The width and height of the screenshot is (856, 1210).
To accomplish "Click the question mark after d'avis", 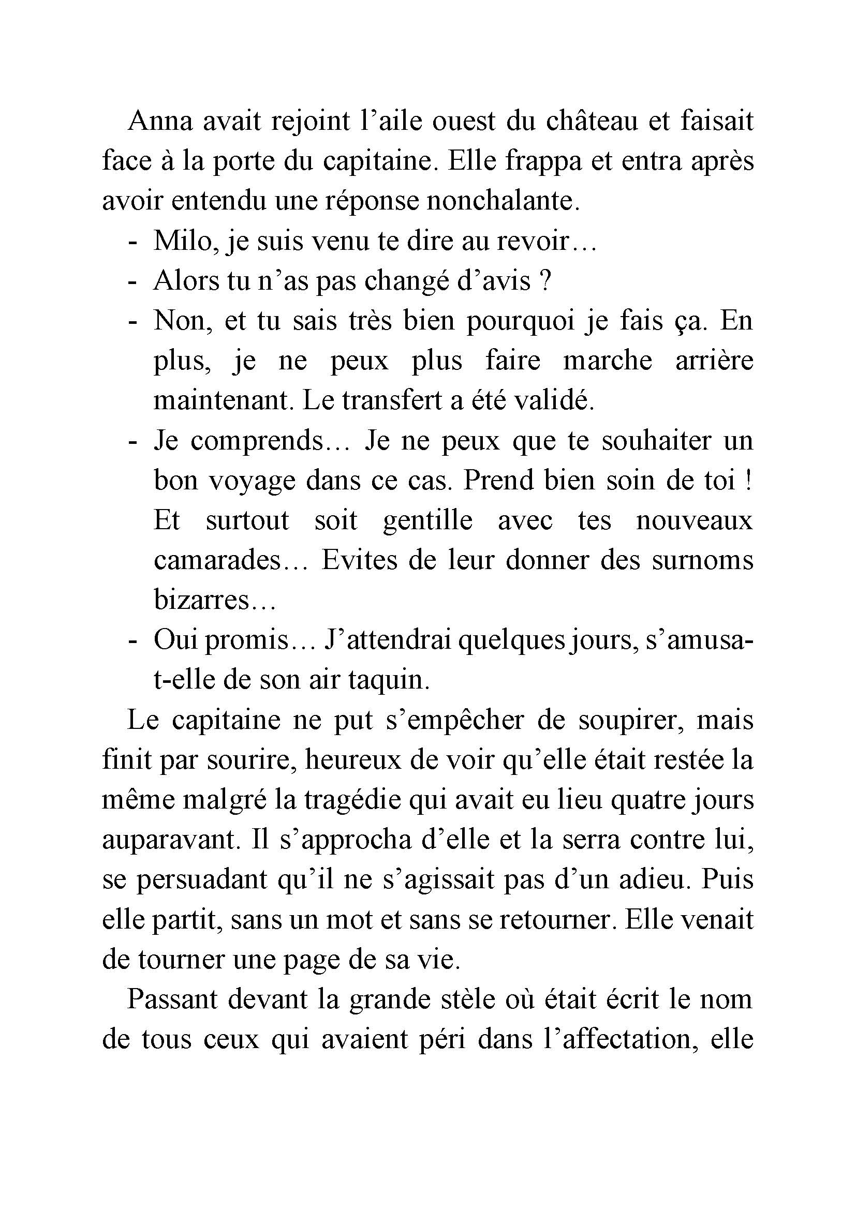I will (546, 281).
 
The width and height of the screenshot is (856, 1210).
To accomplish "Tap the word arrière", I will (714, 361).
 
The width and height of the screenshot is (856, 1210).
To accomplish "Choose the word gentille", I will (427, 520).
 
